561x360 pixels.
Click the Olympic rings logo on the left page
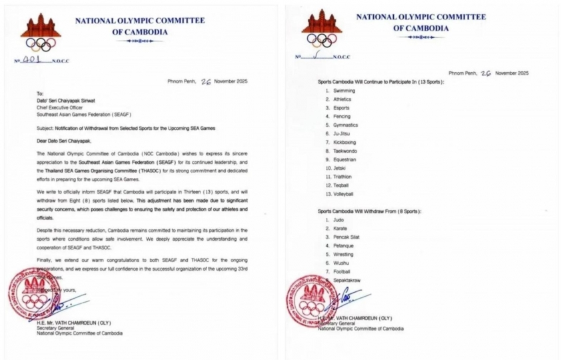41,44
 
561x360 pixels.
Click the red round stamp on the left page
33,294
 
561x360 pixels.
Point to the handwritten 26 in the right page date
485,73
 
